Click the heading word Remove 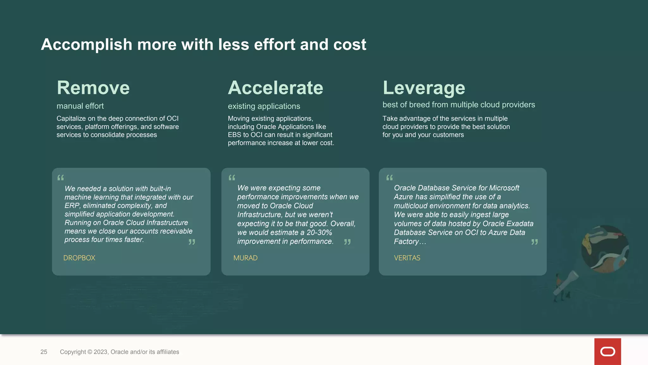(93, 88)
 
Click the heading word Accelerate (275, 88)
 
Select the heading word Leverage (424, 88)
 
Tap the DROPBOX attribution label (79, 258)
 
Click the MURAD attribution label (245, 258)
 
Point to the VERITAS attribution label (407, 258)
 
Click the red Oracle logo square (607, 351)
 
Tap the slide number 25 (44, 352)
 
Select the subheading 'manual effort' (80, 106)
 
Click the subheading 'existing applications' (264, 106)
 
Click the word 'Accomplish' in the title (86, 44)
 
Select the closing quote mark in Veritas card (534, 242)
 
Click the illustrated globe (605, 249)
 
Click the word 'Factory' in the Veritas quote (406, 241)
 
